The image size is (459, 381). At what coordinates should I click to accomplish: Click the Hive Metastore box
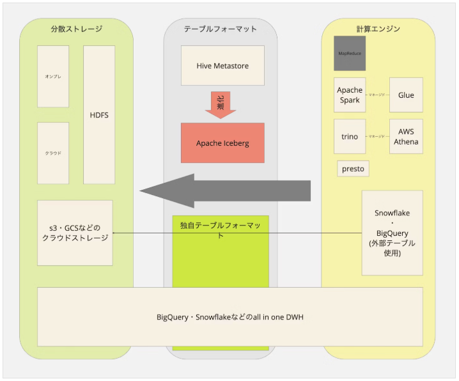222,65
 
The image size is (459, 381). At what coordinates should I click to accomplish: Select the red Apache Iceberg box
222,143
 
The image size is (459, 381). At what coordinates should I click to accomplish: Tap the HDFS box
99,115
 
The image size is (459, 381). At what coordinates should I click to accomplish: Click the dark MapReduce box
350,54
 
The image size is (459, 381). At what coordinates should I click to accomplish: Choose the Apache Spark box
350,95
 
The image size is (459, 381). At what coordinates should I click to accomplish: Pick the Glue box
406,95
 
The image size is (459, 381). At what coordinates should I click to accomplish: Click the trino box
350,136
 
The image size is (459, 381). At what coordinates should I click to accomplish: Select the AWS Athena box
406,136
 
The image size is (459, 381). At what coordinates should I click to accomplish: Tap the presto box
354,169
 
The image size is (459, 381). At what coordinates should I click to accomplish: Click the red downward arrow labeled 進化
221,105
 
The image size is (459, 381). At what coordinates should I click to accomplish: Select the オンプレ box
53,76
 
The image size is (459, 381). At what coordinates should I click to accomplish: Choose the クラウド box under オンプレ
53,153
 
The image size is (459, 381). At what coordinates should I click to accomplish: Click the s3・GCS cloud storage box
75,233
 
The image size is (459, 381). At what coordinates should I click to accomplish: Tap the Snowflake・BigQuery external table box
392,233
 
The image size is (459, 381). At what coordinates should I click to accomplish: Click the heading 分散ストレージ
76,29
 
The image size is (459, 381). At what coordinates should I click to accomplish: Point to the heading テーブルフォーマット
220,29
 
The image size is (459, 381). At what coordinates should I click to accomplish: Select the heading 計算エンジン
378,29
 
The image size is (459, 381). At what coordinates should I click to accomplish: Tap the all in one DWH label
230,316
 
